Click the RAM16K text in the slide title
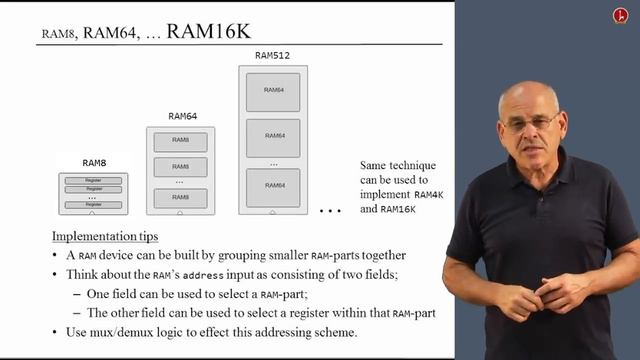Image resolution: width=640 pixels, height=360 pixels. coord(209,31)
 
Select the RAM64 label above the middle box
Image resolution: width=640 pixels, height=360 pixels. coord(181,116)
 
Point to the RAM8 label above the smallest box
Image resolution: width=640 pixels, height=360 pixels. coord(94,161)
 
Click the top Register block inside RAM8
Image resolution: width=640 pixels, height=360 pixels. coord(94,179)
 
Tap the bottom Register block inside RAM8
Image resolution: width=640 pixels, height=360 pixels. coord(94,205)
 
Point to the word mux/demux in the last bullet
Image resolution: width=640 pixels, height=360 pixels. coord(107,332)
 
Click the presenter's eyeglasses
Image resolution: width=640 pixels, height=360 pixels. coord(531,123)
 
